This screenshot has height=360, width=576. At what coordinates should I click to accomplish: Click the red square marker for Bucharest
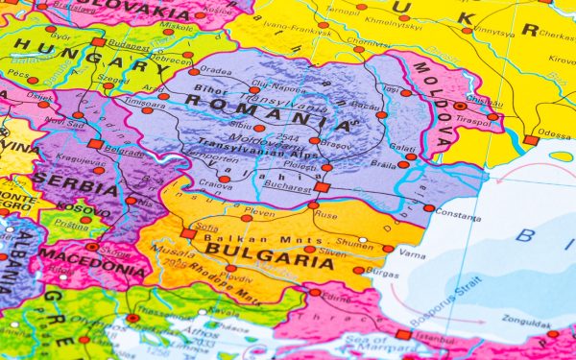[322, 187]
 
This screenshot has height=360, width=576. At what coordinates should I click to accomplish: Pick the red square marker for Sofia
[188, 233]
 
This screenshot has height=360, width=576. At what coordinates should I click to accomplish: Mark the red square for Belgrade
[95, 144]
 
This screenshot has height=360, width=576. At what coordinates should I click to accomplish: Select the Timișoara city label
[145, 100]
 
